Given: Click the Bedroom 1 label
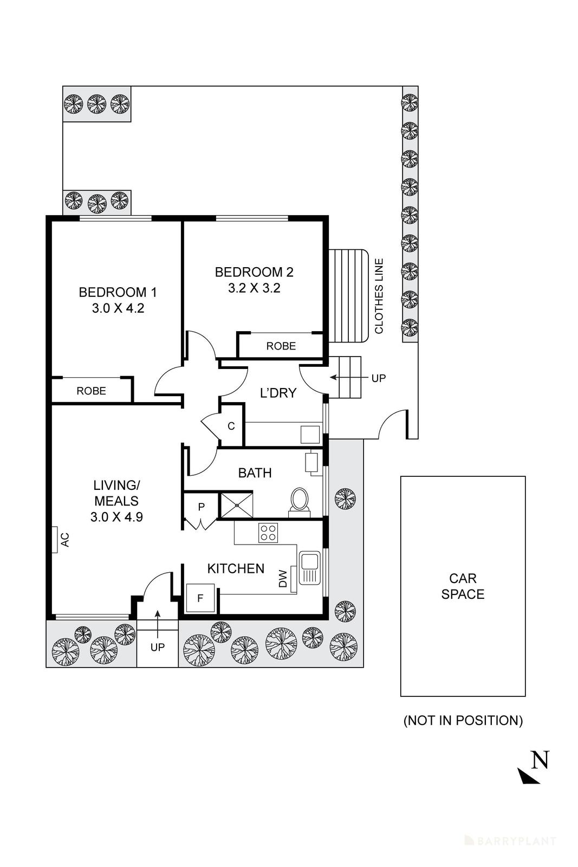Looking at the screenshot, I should (x=118, y=293).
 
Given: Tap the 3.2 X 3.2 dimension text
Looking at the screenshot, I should (x=254, y=288).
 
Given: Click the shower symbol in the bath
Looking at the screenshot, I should (x=236, y=504).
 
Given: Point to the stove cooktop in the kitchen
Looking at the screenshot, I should (x=268, y=532).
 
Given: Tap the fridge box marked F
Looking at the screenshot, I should (x=200, y=598).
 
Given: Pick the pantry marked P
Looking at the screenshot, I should (x=201, y=507).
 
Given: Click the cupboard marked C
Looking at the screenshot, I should (x=231, y=426).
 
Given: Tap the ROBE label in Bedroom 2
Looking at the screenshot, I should (x=281, y=346).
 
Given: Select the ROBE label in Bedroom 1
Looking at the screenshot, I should (x=91, y=391).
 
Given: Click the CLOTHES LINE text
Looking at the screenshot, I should (x=379, y=296).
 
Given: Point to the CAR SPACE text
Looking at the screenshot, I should (x=463, y=586).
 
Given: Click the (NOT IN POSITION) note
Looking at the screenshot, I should (x=463, y=720).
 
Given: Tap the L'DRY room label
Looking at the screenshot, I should (x=278, y=393).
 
